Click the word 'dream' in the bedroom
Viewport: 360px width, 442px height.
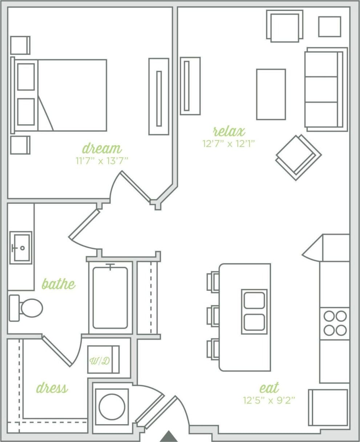102,149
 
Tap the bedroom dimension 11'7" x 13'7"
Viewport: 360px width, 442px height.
102,161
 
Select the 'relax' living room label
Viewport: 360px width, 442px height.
229,131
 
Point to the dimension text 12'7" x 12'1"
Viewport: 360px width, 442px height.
229,144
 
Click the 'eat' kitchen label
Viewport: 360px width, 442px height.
269,388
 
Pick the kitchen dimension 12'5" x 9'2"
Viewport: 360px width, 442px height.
269,400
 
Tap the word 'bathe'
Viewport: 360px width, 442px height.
58,284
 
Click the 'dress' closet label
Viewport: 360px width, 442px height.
52,388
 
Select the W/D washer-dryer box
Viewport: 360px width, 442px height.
103,359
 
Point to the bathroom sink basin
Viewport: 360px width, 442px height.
21,248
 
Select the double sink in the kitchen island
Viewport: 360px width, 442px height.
254,312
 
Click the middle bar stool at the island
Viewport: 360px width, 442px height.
213,316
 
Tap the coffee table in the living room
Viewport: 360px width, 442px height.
271,94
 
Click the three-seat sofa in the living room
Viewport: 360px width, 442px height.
325,89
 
